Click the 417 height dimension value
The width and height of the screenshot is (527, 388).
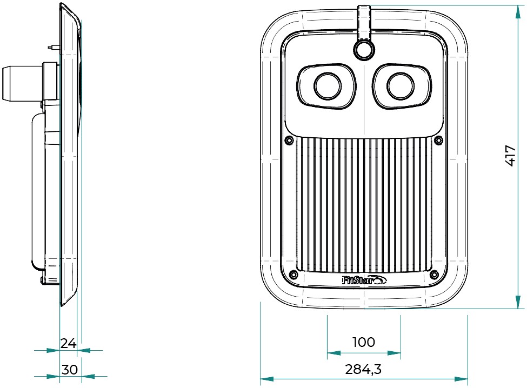(510, 156)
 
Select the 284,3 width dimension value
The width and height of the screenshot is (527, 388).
(363, 370)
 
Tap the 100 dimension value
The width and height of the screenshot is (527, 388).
(363, 342)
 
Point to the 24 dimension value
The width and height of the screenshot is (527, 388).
(68, 343)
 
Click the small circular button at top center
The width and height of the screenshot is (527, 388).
(364, 50)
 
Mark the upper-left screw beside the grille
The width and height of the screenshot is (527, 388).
(287, 141)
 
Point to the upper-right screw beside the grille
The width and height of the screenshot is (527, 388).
(439, 141)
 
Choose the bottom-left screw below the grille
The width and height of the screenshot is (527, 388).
(293, 274)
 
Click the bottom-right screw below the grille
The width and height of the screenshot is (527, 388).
(433, 274)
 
